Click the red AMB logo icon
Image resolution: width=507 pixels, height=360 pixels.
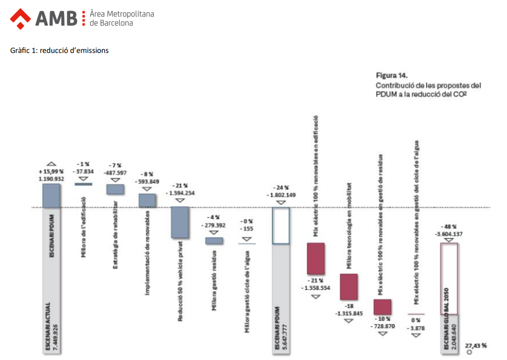[x=21, y=18]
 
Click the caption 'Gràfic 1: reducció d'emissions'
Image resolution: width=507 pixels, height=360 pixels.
[x=59, y=50]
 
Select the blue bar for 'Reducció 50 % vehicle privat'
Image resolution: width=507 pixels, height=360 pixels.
[x=180, y=222]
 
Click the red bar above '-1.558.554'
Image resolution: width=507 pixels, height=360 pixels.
[x=315, y=258]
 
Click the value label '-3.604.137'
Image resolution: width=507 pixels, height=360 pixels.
[x=449, y=234]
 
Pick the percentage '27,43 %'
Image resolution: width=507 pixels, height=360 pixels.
[x=476, y=346]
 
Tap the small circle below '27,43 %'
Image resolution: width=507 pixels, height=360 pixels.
[x=469, y=352]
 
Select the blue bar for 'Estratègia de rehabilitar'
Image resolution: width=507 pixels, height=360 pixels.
[x=115, y=189]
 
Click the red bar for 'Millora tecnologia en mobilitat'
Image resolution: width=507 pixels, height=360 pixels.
[x=349, y=287]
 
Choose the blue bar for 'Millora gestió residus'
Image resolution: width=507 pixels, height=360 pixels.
[x=213, y=241]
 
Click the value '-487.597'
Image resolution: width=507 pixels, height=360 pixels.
[x=115, y=173]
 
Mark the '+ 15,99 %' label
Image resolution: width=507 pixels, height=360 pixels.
[x=51, y=172]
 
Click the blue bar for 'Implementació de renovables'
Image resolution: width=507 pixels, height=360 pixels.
[x=147, y=200]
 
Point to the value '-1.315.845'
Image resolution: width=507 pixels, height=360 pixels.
[x=349, y=314]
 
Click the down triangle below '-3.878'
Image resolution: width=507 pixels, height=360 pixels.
[x=415, y=335]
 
